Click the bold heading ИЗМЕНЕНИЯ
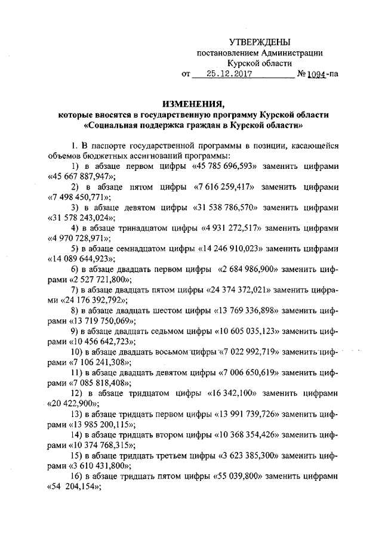click(191, 102)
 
